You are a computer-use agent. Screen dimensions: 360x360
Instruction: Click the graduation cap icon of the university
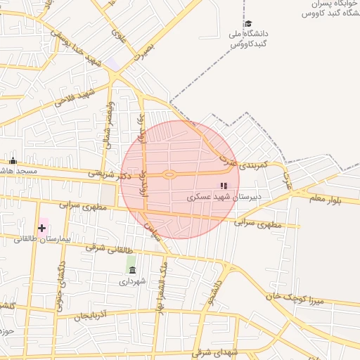(247, 23)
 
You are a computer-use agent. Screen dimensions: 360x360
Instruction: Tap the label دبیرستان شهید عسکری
(224, 197)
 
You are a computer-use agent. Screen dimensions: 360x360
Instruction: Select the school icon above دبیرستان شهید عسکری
(224, 186)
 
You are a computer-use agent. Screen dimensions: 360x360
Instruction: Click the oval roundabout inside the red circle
(169, 174)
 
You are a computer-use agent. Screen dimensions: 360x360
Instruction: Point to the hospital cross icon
(42, 227)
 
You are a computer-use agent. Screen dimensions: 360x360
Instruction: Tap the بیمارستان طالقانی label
(43, 239)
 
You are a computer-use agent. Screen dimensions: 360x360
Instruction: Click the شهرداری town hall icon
(132, 270)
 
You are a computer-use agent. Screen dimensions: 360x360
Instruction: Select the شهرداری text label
(132, 281)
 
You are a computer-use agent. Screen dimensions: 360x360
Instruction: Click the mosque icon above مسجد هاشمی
(13, 161)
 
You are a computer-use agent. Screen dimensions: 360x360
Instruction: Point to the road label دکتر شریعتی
(103, 170)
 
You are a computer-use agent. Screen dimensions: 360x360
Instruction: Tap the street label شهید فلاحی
(75, 98)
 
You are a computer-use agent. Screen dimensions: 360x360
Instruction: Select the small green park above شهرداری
(131, 260)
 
